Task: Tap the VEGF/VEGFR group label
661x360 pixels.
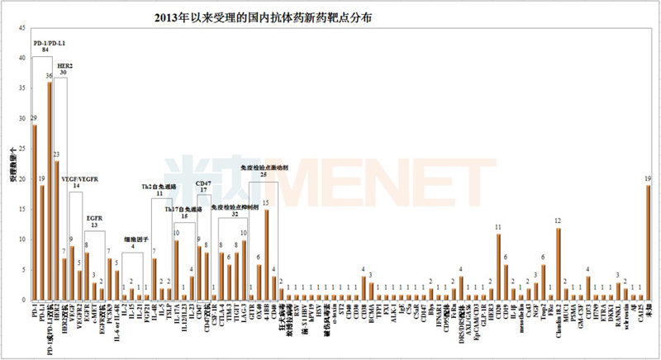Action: pyautogui.click(x=80, y=179)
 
